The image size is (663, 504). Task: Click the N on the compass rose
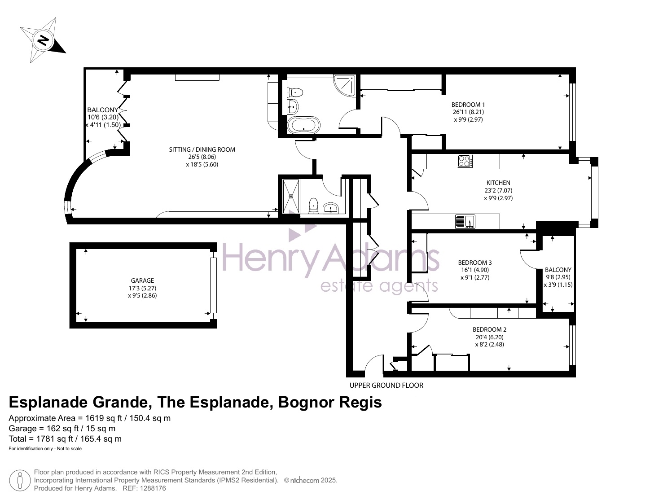coord(43,39)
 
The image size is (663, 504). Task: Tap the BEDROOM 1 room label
coord(468,105)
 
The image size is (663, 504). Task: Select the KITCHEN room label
coord(498,183)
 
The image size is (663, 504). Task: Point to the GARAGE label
coord(142,280)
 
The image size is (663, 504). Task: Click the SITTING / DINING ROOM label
coord(202,149)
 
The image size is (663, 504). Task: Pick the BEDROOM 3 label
coord(475,263)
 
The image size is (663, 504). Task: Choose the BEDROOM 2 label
coord(489,329)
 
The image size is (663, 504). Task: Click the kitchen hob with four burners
coord(465,161)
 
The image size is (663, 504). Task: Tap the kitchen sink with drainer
coord(465,221)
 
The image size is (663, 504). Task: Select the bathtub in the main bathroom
coord(303,125)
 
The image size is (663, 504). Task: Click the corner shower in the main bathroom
coord(345,85)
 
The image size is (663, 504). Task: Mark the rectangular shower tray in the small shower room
coord(291,196)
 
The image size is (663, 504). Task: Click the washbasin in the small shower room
coord(331,208)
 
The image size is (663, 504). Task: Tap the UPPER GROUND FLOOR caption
coord(386,386)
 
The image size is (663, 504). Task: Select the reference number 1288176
coord(152,489)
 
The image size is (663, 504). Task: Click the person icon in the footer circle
coord(20,481)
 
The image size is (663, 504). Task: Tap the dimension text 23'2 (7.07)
coord(498,191)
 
